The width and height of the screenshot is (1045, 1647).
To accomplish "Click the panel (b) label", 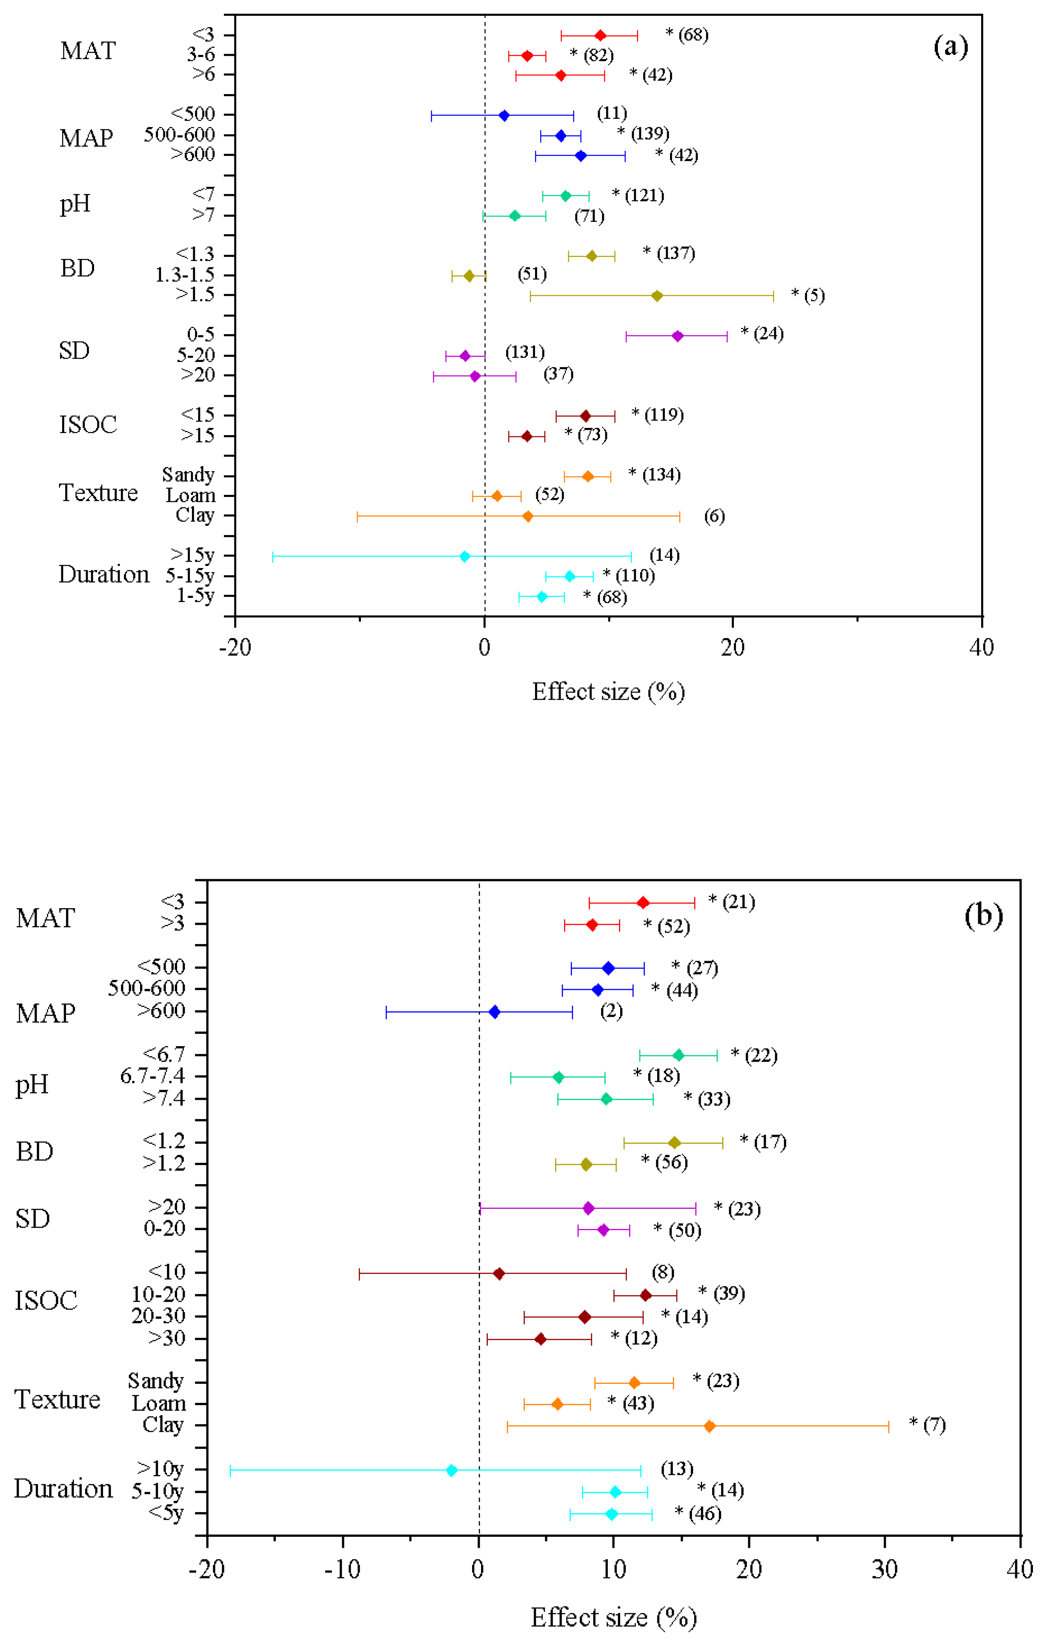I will [x=983, y=915].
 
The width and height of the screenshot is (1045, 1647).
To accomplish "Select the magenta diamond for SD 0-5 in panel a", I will [x=677, y=336].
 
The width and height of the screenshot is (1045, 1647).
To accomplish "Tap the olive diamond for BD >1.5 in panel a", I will [x=656, y=296].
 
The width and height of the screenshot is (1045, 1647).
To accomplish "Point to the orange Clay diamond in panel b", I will [x=709, y=1426].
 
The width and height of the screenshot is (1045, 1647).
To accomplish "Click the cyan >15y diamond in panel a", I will [x=464, y=556].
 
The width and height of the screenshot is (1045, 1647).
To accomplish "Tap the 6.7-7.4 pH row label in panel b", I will [x=152, y=1076].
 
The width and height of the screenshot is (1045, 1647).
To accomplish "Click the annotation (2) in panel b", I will [x=611, y=1011].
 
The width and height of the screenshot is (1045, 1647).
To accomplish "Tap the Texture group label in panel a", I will [x=98, y=493].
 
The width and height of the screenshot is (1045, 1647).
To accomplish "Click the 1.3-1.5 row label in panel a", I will [x=185, y=275].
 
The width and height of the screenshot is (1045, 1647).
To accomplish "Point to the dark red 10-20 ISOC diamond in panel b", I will [x=645, y=1295].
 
